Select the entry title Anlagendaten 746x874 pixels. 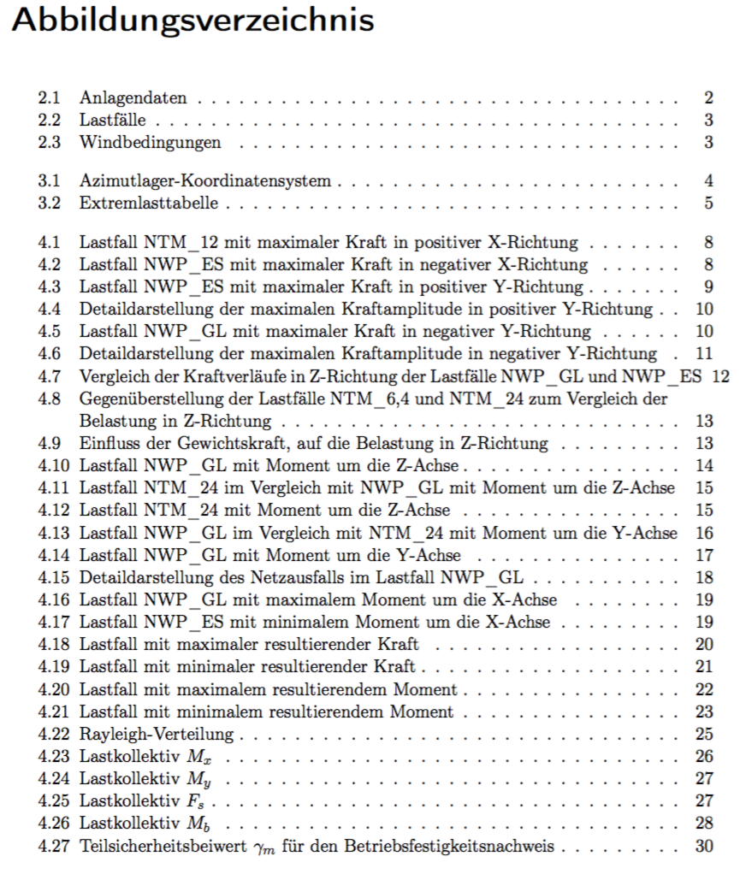click(133, 98)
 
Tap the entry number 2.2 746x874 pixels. click(49, 120)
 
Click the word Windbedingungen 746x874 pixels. click(150, 142)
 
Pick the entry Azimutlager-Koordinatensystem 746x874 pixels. click(204, 181)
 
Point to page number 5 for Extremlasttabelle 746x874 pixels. click(709, 204)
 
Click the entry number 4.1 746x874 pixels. click(49, 242)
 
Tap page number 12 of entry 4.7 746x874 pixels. click(720, 375)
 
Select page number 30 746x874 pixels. click(705, 847)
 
